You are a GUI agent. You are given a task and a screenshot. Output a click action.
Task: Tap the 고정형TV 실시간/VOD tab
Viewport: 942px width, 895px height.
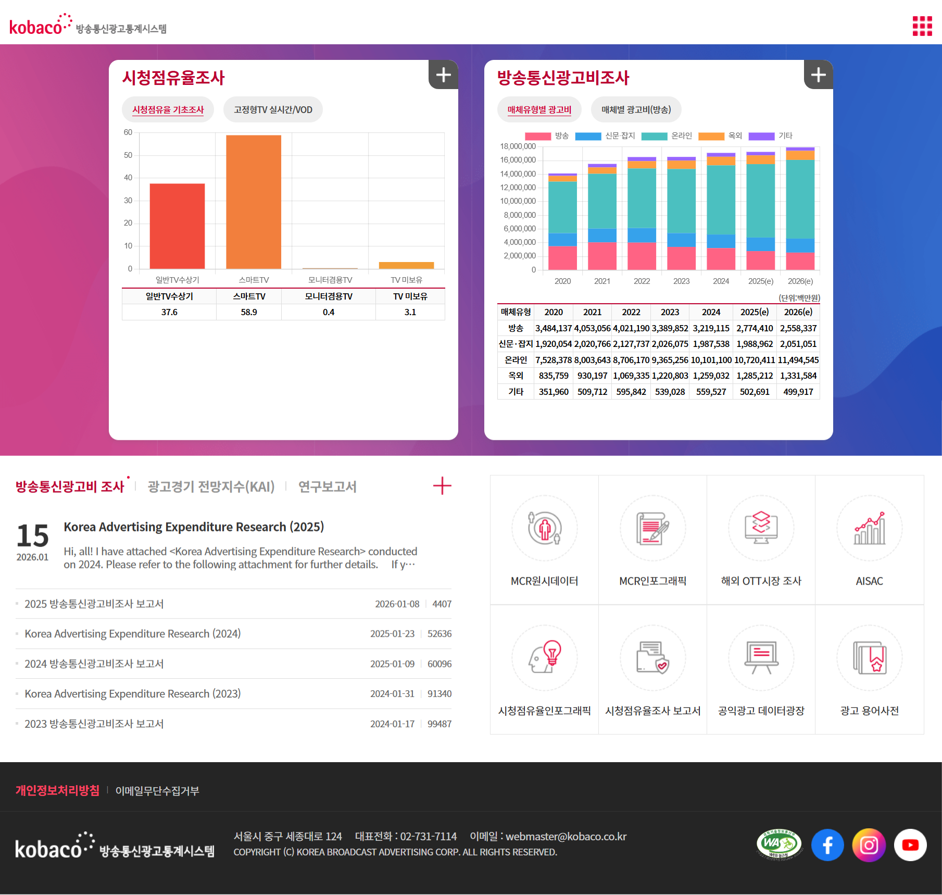(x=273, y=110)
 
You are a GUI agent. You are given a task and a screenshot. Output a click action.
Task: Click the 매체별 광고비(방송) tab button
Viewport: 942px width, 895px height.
(x=636, y=110)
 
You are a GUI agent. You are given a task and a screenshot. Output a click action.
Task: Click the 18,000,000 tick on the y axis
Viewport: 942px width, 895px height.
(x=518, y=146)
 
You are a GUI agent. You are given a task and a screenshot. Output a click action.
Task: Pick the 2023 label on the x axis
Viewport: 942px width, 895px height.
(x=681, y=281)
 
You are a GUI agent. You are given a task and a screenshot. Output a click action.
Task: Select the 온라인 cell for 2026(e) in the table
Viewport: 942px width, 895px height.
(x=798, y=360)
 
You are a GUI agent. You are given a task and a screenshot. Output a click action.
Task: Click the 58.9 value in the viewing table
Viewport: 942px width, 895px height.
(x=249, y=312)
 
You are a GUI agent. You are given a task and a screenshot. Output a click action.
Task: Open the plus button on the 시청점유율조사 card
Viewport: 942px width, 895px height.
(x=443, y=75)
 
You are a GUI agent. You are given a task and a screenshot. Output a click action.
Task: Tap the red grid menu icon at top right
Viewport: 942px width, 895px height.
(x=922, y=26)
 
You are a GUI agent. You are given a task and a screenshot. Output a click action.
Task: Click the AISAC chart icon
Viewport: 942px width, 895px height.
(x=869, y=529)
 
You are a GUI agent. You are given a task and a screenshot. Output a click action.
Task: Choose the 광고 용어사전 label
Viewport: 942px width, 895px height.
(x=869, y=711)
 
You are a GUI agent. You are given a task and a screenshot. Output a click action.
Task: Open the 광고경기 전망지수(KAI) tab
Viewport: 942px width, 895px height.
(x=211, y=487)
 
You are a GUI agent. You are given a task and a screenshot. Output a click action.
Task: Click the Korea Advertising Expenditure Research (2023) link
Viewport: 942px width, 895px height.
(x=133, y=694)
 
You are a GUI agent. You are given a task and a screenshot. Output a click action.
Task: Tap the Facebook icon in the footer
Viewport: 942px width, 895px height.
(x=827, y=844)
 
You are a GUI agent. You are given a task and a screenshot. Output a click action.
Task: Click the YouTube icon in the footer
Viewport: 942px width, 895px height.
(x=910, y=844)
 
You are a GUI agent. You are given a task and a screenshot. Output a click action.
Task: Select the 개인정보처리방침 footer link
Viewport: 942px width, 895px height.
(x=57, y=790)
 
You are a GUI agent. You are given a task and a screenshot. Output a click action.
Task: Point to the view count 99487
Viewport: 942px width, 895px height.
(x=439, y=724)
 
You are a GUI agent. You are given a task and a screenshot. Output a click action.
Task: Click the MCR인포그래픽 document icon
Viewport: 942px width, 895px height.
(x=652, y=529)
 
